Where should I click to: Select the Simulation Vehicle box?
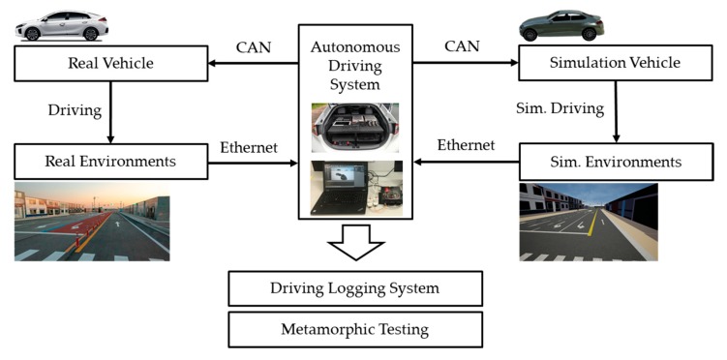[614, 63]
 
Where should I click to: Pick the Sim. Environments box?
[614, 161]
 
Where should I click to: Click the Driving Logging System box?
[355, 288]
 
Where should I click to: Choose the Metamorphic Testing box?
[355, 329]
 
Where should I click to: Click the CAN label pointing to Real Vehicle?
[254, 45]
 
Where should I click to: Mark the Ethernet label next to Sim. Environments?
[466, 145]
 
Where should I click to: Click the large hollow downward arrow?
[356, 242]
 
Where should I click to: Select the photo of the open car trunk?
[356, 129]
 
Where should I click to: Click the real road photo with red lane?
[91, 223]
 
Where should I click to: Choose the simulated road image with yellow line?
[589, 223]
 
